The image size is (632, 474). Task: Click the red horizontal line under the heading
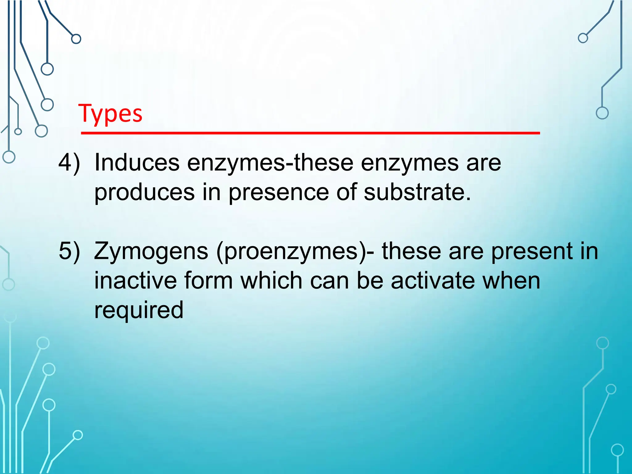[x=310, y=133]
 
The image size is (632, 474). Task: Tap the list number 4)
[x=69, y=162]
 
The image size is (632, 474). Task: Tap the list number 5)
[x=69, y=251]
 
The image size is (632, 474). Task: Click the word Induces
[x=137, y=162]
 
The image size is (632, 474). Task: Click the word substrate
[x=418, y=192]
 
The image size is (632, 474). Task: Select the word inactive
[x=135, y=281]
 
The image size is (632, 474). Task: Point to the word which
[x=271, y=281]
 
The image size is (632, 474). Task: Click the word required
[x=139, y=310]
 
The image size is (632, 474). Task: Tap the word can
[x=329, y=281]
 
